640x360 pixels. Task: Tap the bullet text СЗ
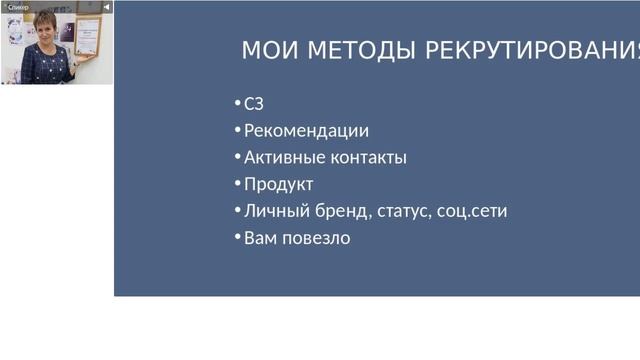tap(254, 104)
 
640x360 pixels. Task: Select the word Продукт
tap(279, 185)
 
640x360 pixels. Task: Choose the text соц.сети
tap(472, 212)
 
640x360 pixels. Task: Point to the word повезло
tap(317, 239)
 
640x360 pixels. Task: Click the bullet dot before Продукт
tap(238, 184)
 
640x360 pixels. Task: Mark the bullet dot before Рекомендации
tap(238, 130)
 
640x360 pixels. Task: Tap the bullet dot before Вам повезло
tap(238, 238)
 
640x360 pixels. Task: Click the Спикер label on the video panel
tap(18, 7)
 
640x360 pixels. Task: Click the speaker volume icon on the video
tap(106, 7)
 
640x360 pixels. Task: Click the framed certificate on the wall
tap(87, 36)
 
